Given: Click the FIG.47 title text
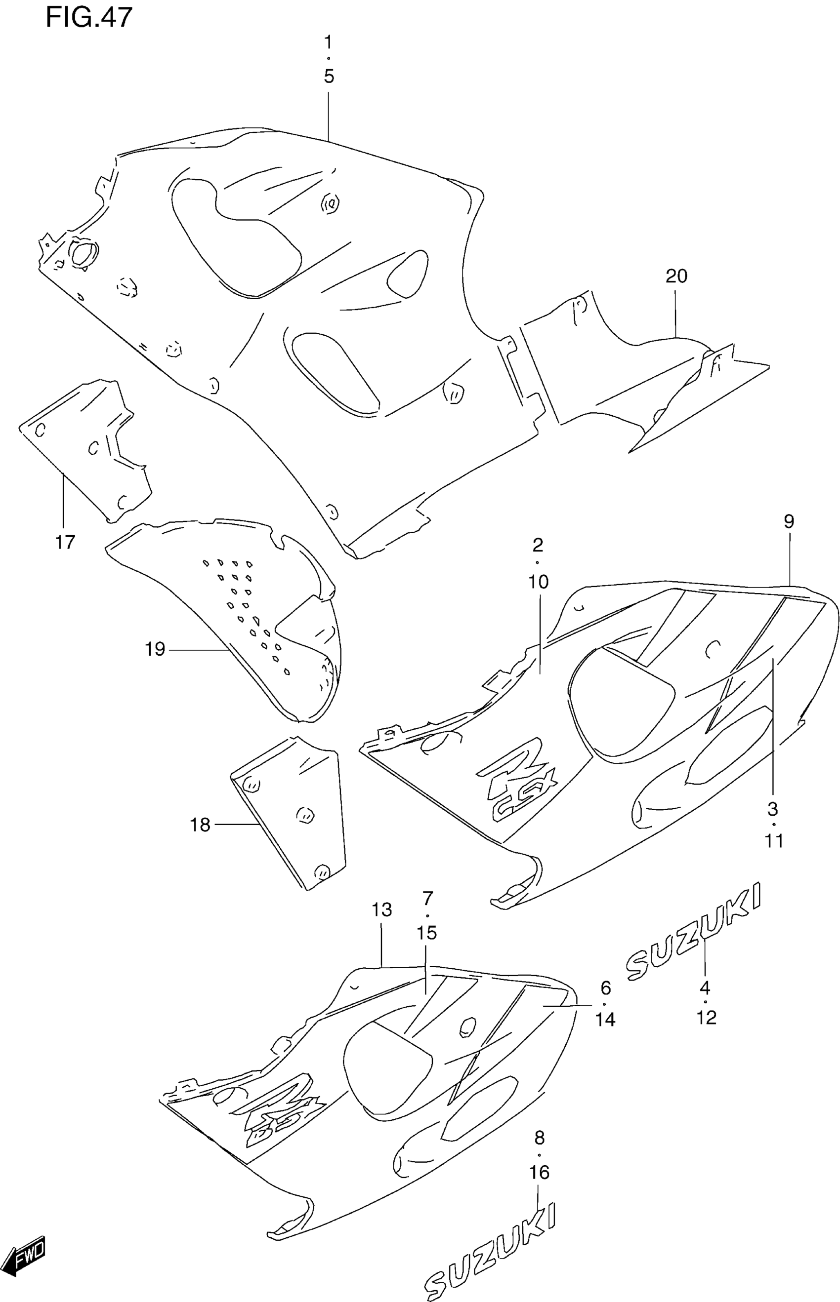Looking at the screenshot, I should coord(89,17).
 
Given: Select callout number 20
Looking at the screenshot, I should coord(676,276).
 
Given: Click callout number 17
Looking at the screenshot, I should coord(64,542).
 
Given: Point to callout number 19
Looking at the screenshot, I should coord(155,649).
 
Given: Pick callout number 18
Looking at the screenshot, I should coord(200,825).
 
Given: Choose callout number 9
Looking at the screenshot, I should coord(789,521).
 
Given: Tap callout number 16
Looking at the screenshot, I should coord(540,1172).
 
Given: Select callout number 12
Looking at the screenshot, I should coord(707,1017).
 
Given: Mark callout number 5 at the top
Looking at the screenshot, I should coord(329,77).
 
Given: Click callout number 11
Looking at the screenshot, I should coord(774,841).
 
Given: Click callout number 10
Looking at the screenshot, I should coord(539,582).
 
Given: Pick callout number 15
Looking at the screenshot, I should coord(427,933).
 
